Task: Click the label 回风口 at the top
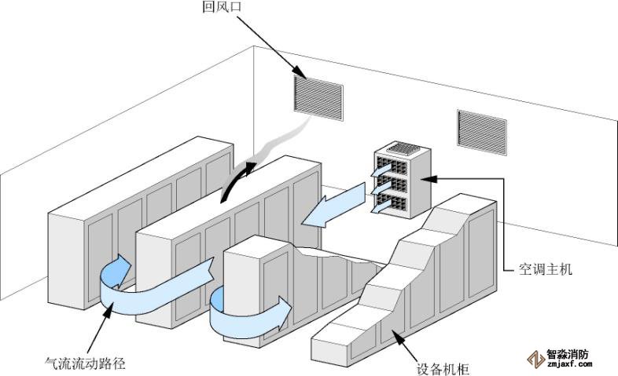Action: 222,9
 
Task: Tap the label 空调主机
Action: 545,269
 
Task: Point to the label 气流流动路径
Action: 85,363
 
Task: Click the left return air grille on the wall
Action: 318,97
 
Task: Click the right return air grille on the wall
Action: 482,130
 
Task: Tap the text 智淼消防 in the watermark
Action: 567,354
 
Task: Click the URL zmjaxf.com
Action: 567,365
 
